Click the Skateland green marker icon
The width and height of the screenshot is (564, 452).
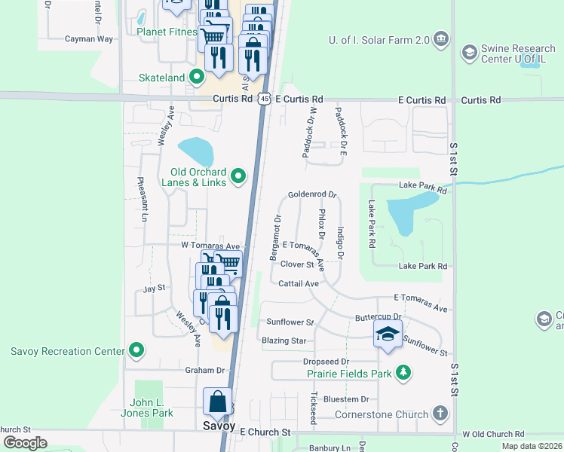point(196,77)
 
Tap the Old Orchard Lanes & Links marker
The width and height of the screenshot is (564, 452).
point(238,176)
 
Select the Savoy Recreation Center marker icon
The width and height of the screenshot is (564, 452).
point(136,350)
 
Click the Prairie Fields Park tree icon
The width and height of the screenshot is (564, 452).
point(404,373)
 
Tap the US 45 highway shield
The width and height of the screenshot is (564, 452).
point(262,99)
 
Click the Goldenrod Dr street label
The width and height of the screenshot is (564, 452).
point(311,194)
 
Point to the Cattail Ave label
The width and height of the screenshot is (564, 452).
point(299,284)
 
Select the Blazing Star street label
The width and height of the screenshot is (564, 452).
point(284,341)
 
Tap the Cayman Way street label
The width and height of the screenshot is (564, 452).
point(88,38)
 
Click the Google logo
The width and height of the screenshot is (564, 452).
point(24,443)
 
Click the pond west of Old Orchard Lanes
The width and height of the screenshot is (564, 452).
point(195,150)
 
